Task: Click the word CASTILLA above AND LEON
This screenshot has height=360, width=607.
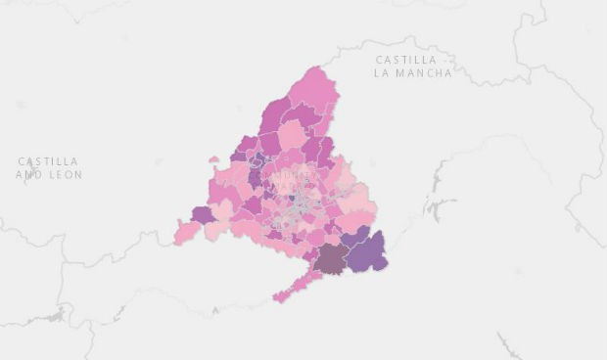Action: pos(48,161)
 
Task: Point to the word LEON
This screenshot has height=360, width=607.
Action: pos(64,174)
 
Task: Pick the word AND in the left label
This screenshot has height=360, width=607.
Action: pos(28,174)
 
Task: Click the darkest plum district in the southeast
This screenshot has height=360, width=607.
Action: pos(332,258)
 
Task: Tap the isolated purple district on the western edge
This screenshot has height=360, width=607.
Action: pos(203,214)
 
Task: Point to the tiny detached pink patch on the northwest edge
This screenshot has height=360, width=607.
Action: pos(213,159)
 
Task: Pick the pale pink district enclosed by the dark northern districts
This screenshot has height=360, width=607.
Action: pos(292,134)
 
